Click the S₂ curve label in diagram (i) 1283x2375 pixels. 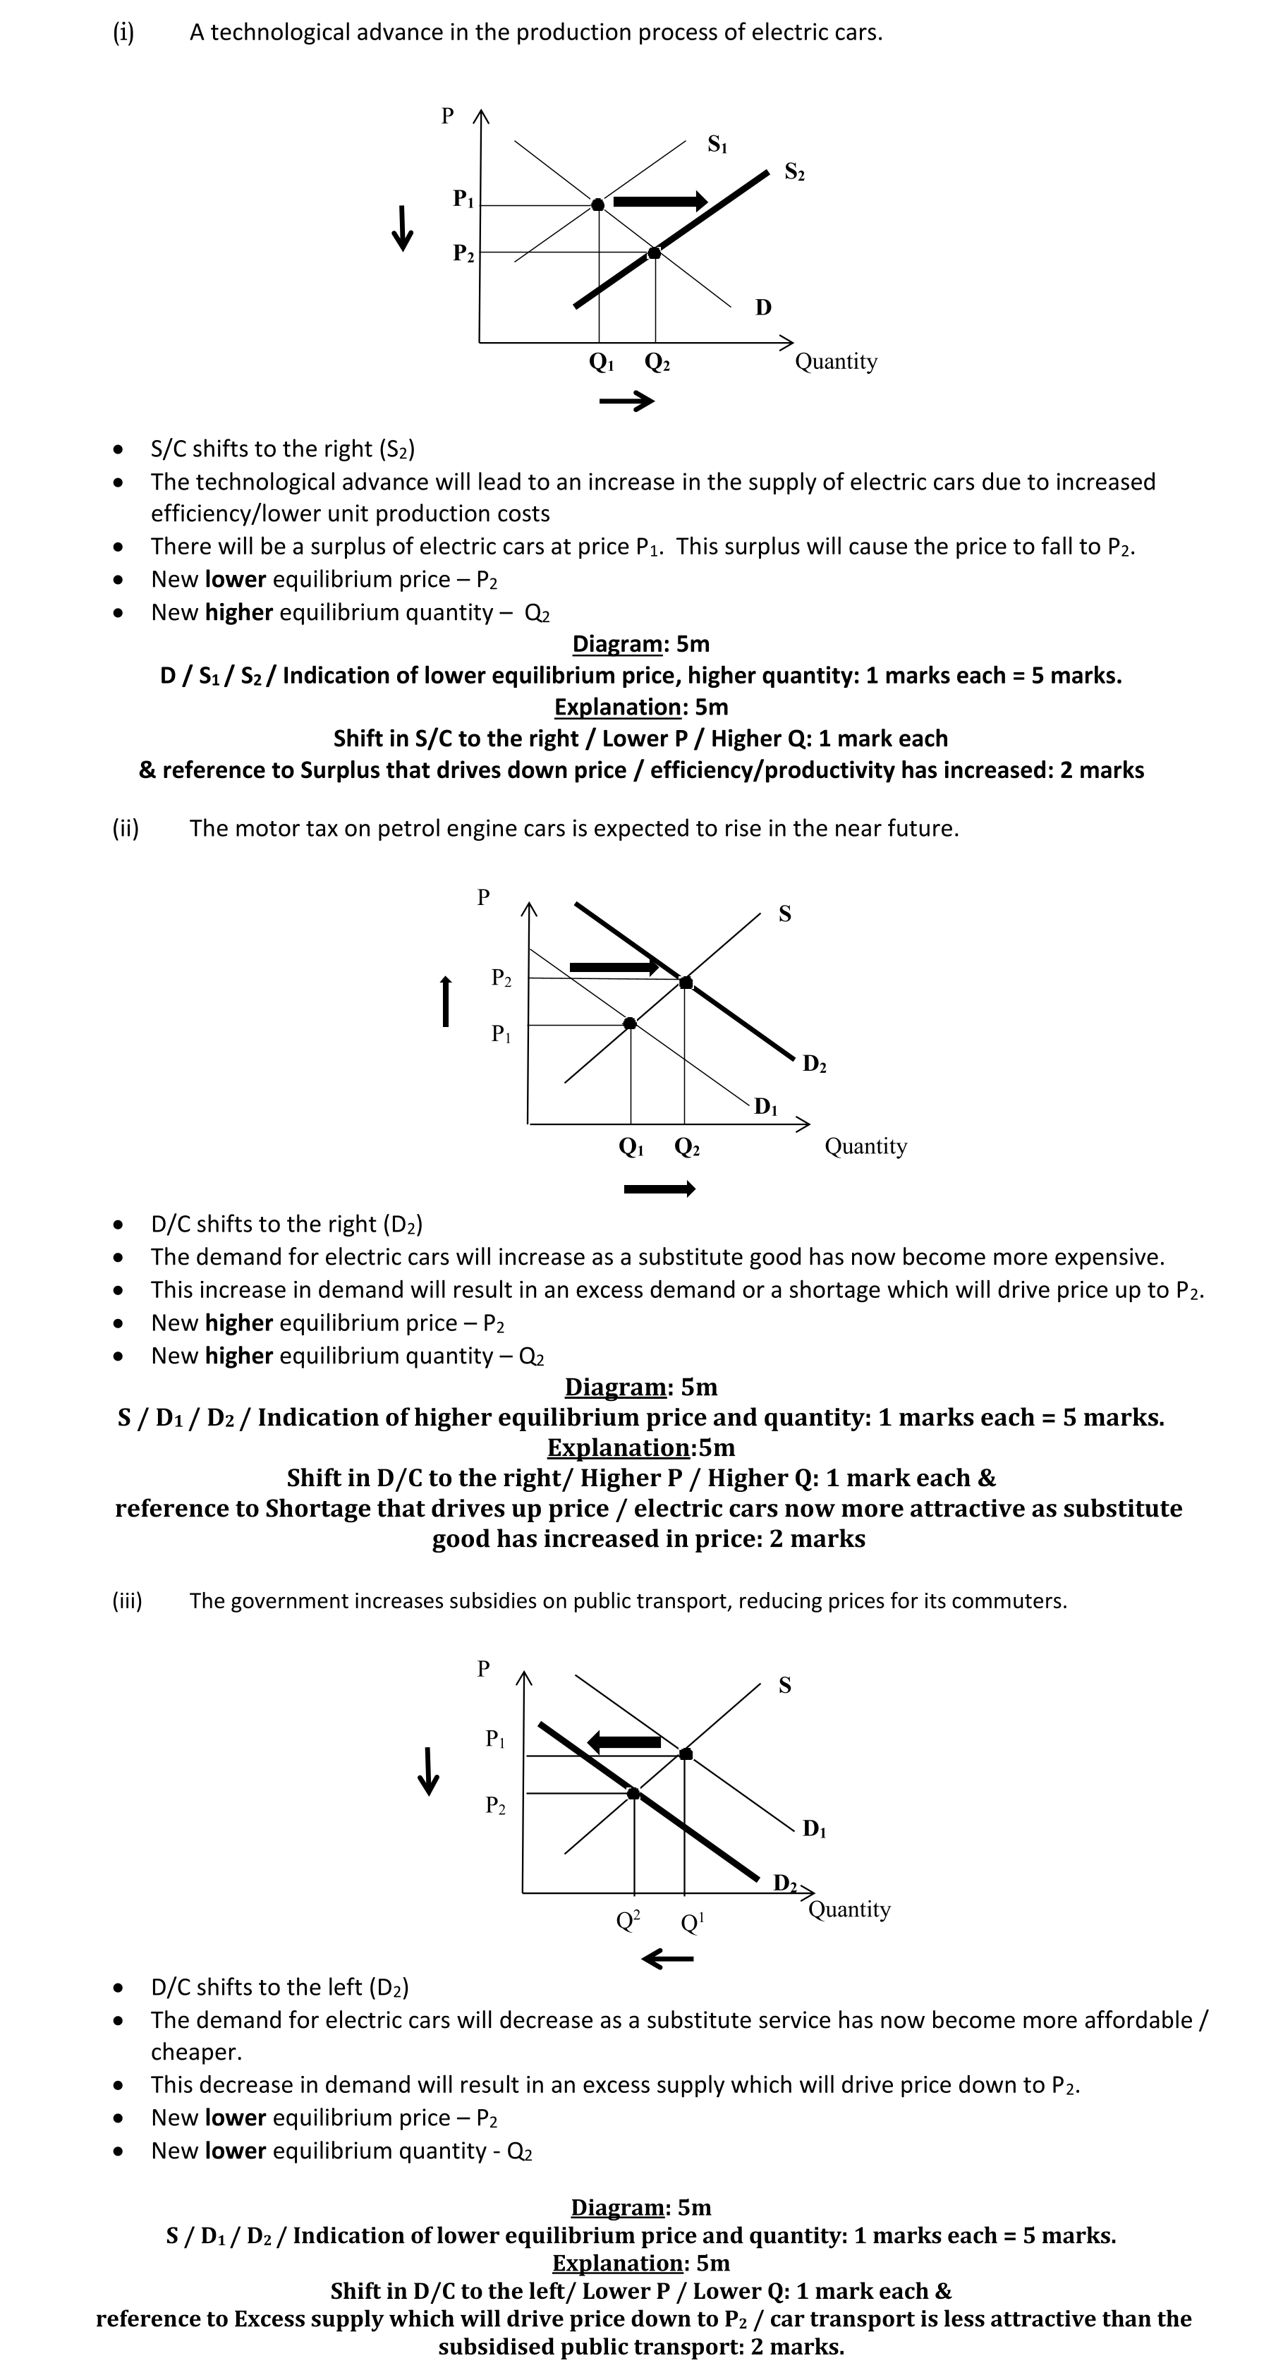tap(793, 172)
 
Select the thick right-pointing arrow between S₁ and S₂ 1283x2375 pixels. tap(660, 202)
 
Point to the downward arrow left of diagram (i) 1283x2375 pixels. tap(402, 228)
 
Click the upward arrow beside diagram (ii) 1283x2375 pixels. tap(446, 1000)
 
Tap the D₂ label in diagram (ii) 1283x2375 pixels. tap(814, 1064)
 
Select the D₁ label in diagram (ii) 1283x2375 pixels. tap(765, 1106)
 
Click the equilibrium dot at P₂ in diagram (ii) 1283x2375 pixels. tap(685, 983)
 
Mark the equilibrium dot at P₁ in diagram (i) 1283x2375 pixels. tap(598, 205)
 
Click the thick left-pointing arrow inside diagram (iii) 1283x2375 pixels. tap(624, 1742)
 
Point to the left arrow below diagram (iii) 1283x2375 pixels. tap(667, 1958)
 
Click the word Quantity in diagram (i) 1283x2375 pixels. tap(836, 361)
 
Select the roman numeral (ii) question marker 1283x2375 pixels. tap(126, 828)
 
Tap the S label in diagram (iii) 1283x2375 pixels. tap(784, 1685)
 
